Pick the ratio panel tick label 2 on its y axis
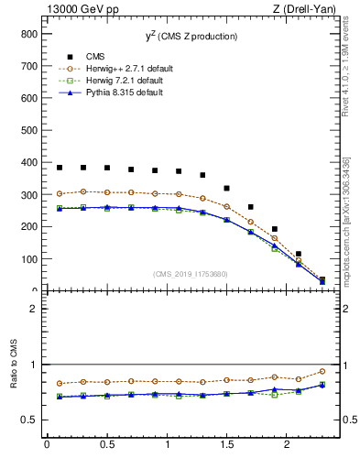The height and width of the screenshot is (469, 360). click(x=32, y=309)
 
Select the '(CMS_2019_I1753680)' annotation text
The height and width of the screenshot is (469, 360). click(x=190, y=272)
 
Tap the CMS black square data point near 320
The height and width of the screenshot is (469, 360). click(x=226, y=189)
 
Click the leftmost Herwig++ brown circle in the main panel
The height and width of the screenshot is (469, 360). click(x=60, y=193)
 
